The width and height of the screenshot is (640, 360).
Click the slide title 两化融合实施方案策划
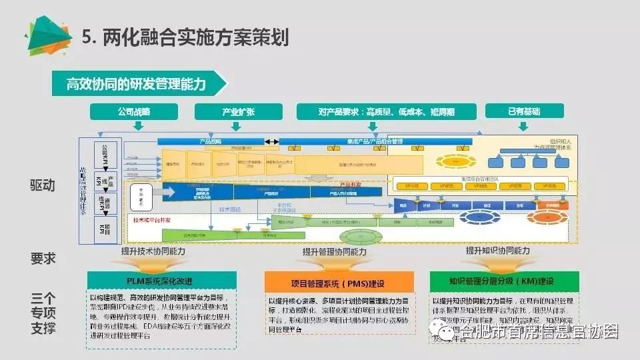click(193, 37)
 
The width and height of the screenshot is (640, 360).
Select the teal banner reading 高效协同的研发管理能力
click(137, 85)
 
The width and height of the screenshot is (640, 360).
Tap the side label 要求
click(42, 259)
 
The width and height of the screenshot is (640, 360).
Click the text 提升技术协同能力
click(153, 251)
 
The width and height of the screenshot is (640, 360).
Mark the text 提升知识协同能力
click(497, 251)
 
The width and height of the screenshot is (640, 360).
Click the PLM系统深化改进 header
click(161, 280)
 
